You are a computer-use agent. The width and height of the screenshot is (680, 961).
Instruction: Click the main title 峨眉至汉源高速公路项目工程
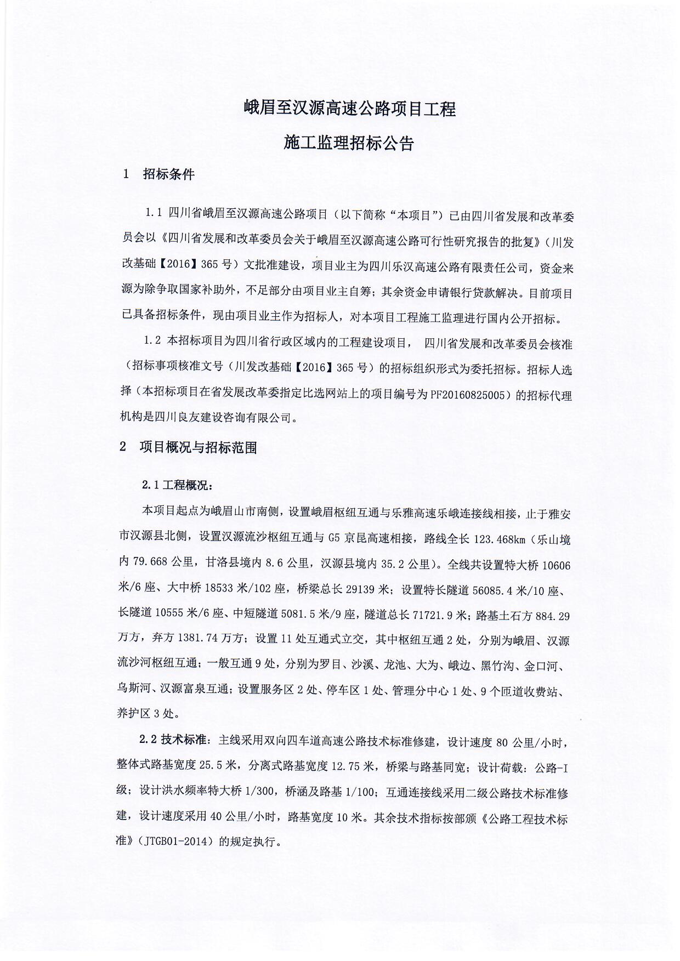point(349,108)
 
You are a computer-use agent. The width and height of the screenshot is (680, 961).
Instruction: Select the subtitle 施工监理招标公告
point(349,143)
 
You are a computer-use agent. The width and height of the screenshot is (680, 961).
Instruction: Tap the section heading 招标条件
point(168,174)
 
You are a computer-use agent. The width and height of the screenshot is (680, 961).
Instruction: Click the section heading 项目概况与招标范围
point(198,447)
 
